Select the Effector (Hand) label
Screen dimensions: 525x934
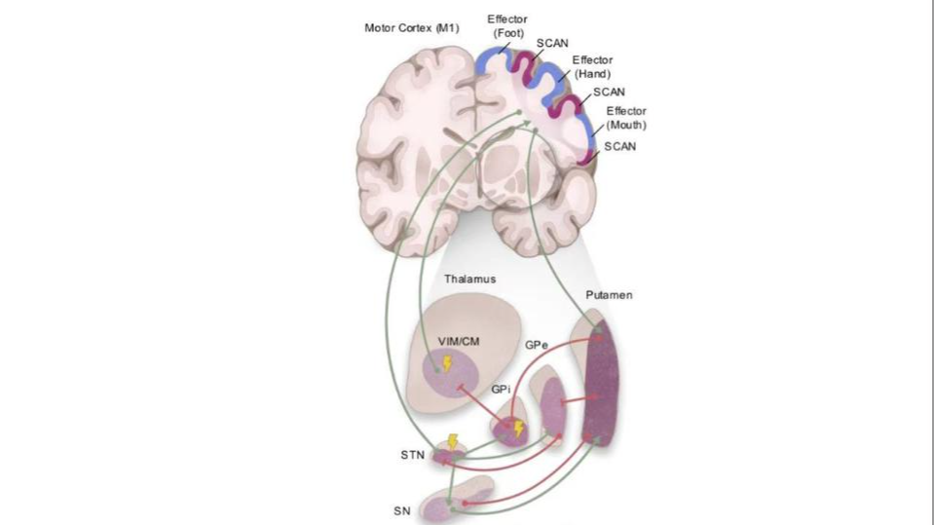pos(592,66)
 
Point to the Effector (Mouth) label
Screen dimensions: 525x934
pos(626,117)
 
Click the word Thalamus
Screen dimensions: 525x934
pos(470,280)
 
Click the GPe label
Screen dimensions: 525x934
pos(537,347)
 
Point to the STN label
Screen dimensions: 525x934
pos(413,453)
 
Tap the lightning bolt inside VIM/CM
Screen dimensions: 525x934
pos(447,364)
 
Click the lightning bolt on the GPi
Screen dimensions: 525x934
pos(518,428)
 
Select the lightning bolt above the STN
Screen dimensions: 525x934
pos(452,441)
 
